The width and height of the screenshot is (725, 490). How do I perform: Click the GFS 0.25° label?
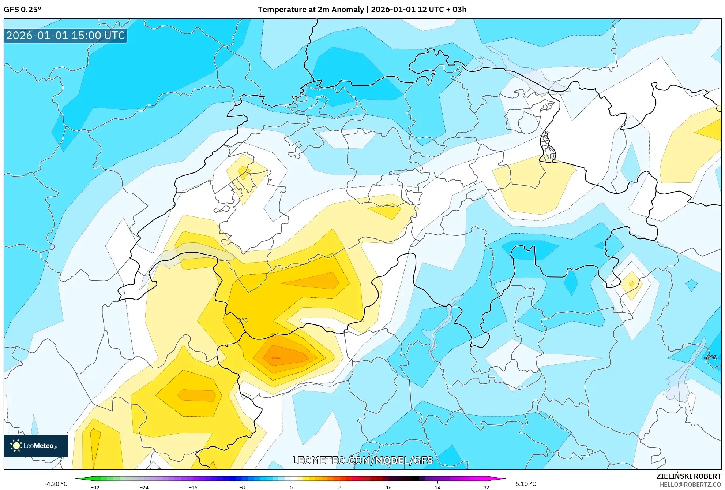pos(22,10)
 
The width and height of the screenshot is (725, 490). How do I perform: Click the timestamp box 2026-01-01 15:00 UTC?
pos(65,36)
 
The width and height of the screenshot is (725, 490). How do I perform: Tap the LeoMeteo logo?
pos(36,446)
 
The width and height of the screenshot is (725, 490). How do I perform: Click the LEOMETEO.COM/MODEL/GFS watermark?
pos(362,460)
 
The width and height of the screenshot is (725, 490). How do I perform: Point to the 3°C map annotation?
pos(243,320)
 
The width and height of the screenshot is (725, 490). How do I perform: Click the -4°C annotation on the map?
pos(711,358)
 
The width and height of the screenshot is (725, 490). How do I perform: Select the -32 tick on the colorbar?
pos(95,487)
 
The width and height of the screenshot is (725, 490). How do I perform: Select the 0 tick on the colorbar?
pos(291,487)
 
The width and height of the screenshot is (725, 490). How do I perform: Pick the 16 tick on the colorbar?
pos(389,487)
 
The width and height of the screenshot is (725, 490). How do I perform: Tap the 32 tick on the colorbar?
pos(487,487)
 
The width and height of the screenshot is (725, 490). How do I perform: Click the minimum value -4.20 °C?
pos(56,484)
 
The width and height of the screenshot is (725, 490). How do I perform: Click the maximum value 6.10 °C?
pos(526,484)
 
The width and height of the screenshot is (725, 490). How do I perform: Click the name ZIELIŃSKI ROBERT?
pos(689,476)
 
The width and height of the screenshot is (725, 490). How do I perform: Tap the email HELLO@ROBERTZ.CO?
pos(690,485)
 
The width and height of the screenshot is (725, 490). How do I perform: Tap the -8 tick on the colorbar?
pos(242,487)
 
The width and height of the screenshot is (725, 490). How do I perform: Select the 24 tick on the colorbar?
pos(438,487)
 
